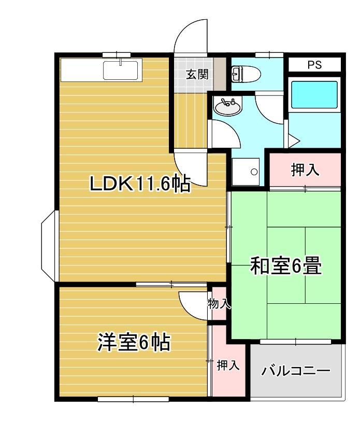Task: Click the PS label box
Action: click(x=314, y=65)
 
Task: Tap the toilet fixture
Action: click(x=245, y=74)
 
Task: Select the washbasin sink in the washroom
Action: click(x=227, y=107)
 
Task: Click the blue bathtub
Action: click(x=313, y=94)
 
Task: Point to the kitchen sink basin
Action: click(x=122, y=70)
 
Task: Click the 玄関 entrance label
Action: click(x=197, y=74)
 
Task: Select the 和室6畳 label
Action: click(x=286, y=266)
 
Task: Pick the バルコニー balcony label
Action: click(x=296, y=371)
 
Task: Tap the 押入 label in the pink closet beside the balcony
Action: click(x=228, y=365)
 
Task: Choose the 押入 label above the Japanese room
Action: click(x=306, y=171)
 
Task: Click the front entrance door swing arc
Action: click(x=191, y=36)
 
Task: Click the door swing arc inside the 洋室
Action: click(x=193, y=306)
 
